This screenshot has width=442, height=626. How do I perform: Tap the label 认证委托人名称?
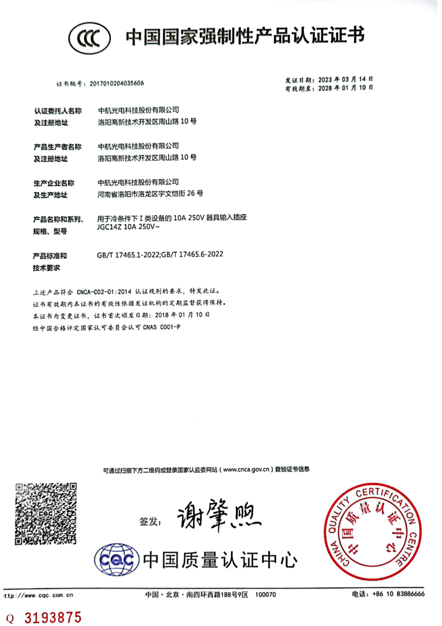(x=57, y=111)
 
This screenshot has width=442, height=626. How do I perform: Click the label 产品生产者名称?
(x=57, y=147)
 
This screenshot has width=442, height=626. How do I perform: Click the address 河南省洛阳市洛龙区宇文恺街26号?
(x=150, y=194)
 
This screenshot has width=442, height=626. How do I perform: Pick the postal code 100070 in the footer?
(x=265, y=595)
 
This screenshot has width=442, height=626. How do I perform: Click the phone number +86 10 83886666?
(x=403, y=594)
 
